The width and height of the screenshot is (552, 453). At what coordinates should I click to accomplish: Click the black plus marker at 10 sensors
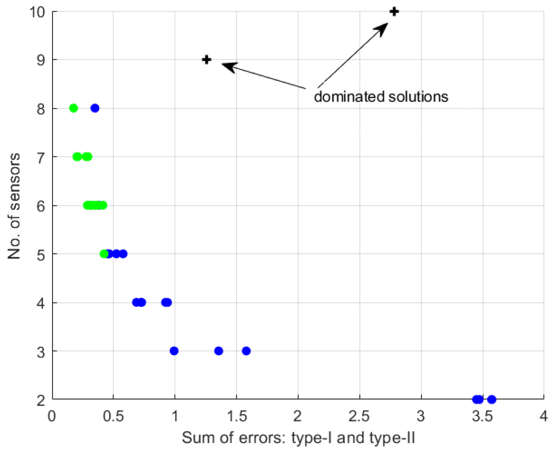pyautogui.click(x=394, y=12)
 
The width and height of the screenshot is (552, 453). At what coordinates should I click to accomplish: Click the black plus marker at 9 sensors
pyautogui.click(x=207, y=60)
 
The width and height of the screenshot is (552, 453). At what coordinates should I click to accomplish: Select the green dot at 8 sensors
pyautogui.click(x=73, y=108)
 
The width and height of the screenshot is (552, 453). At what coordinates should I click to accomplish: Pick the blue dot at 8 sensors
pyautogui.click(x=95, y=108)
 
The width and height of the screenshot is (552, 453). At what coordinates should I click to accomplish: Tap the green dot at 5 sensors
pyautogui.click(x=104, y=254)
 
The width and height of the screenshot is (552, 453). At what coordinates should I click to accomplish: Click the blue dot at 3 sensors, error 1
pyautogui.click(x=174, y=351)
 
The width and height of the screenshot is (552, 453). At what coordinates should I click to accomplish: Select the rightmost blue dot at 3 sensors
pyautogui.click(x=246, y=351)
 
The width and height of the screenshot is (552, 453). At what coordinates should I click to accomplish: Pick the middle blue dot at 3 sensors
pyautogui.click(x=218, y=351)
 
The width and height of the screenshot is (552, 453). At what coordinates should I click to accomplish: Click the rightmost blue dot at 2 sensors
pyautogui.click(x=492, y=400)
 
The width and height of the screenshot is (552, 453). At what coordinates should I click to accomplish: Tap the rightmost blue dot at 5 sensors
pyautogui.click(x=123, y=254)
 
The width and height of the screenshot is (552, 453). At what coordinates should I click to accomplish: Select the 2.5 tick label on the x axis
pyautogui.click(x=359, y=416)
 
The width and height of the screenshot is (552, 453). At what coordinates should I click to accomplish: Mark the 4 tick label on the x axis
pyautogui.click(x=544, y=416)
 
